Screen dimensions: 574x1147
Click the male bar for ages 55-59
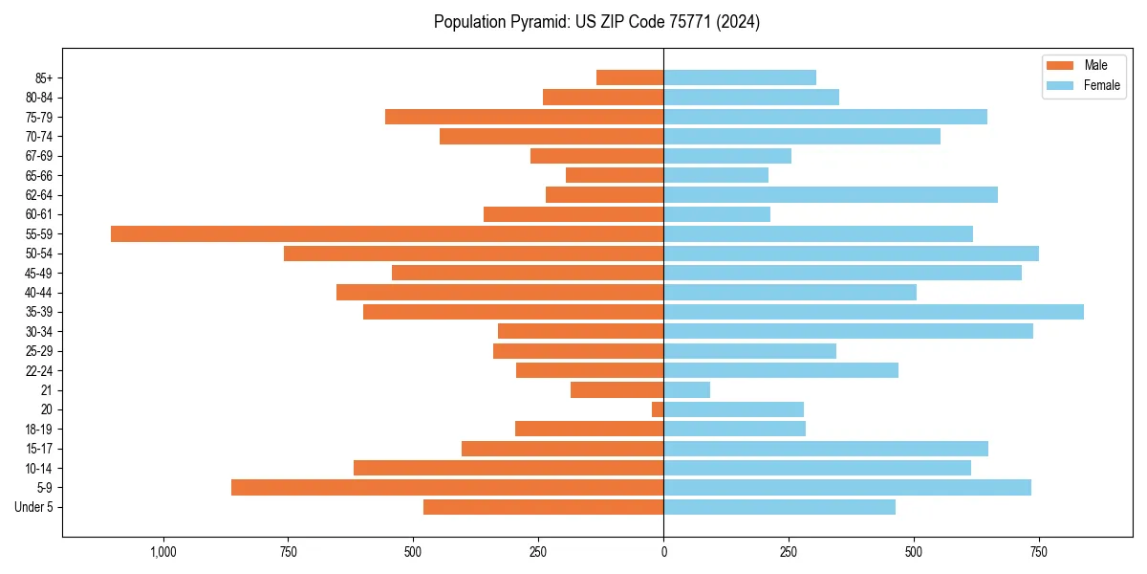tap(387, 233)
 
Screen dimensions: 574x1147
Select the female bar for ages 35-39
tap(874, 312)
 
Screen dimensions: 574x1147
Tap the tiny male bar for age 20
tap(658, 409)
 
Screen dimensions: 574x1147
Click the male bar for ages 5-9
tap(447, 487)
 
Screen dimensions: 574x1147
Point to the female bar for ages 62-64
tap(831, 194)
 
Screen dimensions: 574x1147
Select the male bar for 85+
tap(630, 77)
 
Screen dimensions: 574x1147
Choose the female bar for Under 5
tap(780, 507)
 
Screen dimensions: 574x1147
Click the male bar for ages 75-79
tap(525, 117)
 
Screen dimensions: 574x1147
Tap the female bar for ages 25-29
tap(750, 351)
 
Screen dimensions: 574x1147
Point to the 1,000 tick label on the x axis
tap(163, 552)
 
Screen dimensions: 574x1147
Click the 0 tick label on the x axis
tap(663, 552)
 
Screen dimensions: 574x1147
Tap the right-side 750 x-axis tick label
tap(1038, 552)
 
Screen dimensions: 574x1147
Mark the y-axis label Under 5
tap(33, 507)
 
